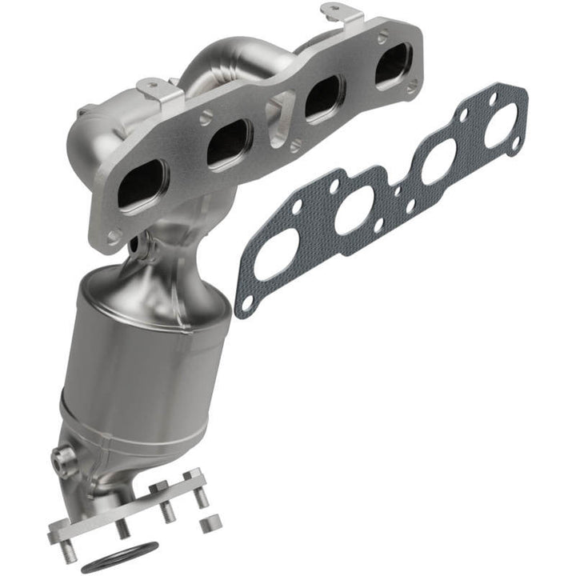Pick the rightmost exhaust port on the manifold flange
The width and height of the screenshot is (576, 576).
tap(393, 65)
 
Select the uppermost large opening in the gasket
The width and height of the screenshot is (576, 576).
tap(501, 125)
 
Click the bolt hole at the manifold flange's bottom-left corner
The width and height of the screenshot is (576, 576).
tap(114, 236)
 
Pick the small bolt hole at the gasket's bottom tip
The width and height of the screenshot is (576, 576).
tap(246, 302)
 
